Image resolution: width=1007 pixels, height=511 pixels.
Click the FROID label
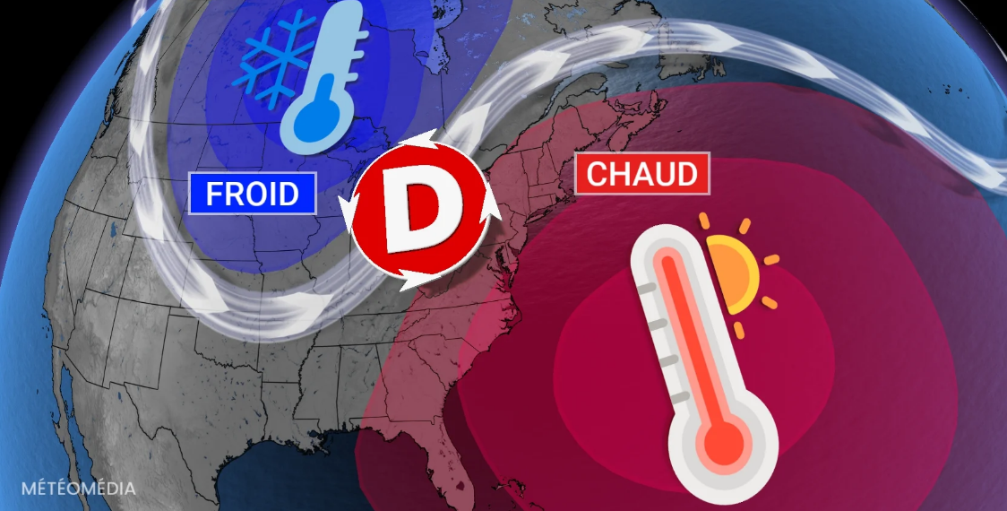click(x=253, y=193)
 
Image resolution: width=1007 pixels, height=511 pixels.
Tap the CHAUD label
click(x=641, y=173)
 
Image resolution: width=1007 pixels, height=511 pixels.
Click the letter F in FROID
click(x=215, y=193)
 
